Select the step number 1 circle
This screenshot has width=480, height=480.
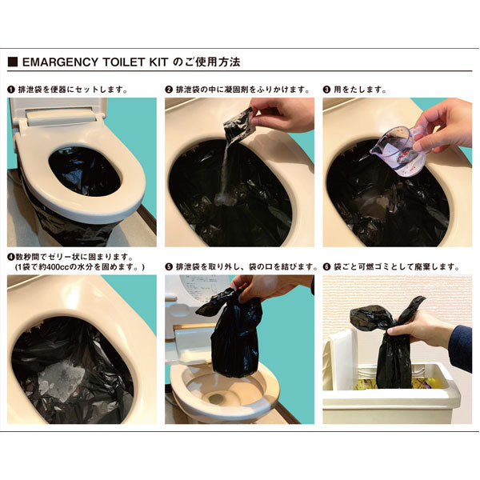[11, 89]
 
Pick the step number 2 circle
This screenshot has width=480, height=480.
[169, 89]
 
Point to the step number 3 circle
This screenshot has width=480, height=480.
[327, 89]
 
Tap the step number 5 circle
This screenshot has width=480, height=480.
[169, 266]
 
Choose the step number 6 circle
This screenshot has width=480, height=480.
[327, 266]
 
